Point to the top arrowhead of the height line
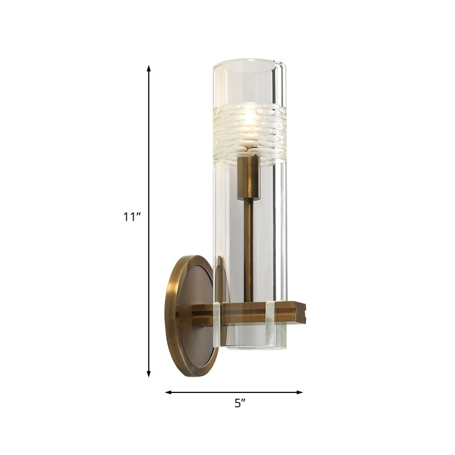click(x=149, y=69)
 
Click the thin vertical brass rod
click(x=249, y=250)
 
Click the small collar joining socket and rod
click(x=249, y=198)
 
